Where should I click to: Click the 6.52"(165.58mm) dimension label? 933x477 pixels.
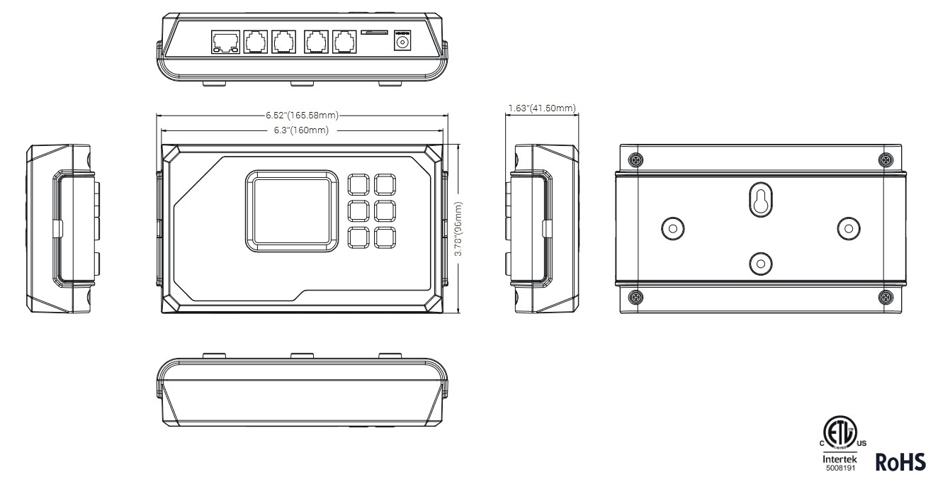coord(301,116)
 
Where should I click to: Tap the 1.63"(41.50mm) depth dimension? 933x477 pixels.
coord(542,108)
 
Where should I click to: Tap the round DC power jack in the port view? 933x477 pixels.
coord(402,43)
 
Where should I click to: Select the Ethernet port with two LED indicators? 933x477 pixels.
coord(225,42)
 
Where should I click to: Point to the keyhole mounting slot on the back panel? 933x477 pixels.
coord(759,201)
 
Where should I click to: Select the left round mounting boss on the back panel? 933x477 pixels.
coord(672,228)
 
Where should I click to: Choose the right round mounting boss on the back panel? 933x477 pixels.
coord(848,228)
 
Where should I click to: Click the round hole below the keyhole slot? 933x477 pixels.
coord(759,263)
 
